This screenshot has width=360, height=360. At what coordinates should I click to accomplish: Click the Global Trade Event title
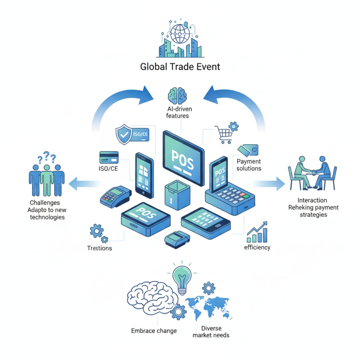pyautogui.click(x=180, y=67)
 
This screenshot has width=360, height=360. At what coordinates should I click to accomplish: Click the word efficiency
pyautogui.click(x=257, y=247)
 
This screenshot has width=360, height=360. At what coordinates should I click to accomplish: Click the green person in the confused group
pyautogui.click(x=46, y=178)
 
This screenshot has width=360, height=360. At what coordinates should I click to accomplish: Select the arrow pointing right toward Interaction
pyautogui.click(x=270, y=183)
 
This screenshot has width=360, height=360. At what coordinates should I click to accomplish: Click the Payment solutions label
pyautogui.click(x=249, y=165)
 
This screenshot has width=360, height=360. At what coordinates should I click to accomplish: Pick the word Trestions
pyautogui.click(x=99, y=248)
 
